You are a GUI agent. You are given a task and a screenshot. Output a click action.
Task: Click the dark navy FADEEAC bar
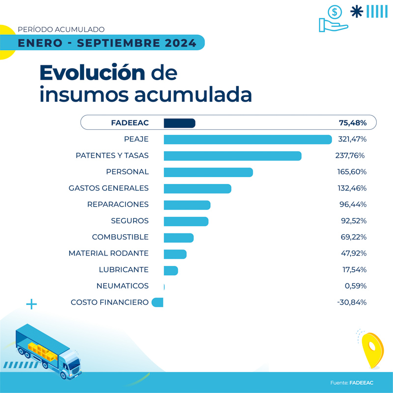pos(179,123)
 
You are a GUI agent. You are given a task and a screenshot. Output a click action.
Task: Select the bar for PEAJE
pos(248,140)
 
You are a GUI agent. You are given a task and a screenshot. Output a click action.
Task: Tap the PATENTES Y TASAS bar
pos(232,156)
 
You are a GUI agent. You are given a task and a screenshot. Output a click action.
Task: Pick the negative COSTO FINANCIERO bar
pos(158,303)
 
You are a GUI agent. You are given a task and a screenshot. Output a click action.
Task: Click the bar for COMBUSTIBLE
pos(178,237)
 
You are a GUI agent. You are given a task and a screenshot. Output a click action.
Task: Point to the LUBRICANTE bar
pos(170,270)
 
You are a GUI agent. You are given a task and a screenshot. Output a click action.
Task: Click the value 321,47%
pos(352,140)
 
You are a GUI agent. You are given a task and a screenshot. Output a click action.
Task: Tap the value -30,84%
pos(352,303)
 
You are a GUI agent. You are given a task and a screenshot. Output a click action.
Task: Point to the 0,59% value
pos(355,286)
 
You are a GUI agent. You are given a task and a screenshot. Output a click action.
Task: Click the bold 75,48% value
pos(352,123)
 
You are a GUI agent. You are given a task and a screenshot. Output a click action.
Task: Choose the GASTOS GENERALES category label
pos(109,188)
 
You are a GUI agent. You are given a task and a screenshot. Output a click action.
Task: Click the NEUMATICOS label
pos(122,286)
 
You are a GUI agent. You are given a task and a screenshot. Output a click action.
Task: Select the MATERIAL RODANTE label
pos(109,253)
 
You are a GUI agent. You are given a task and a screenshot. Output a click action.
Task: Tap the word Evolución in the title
pos(92,73)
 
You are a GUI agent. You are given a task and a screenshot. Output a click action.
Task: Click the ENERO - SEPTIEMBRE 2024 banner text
pos(107,43)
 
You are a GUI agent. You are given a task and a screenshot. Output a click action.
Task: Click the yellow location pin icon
pos(372,349)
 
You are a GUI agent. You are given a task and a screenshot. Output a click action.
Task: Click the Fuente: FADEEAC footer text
pos(351,383)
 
